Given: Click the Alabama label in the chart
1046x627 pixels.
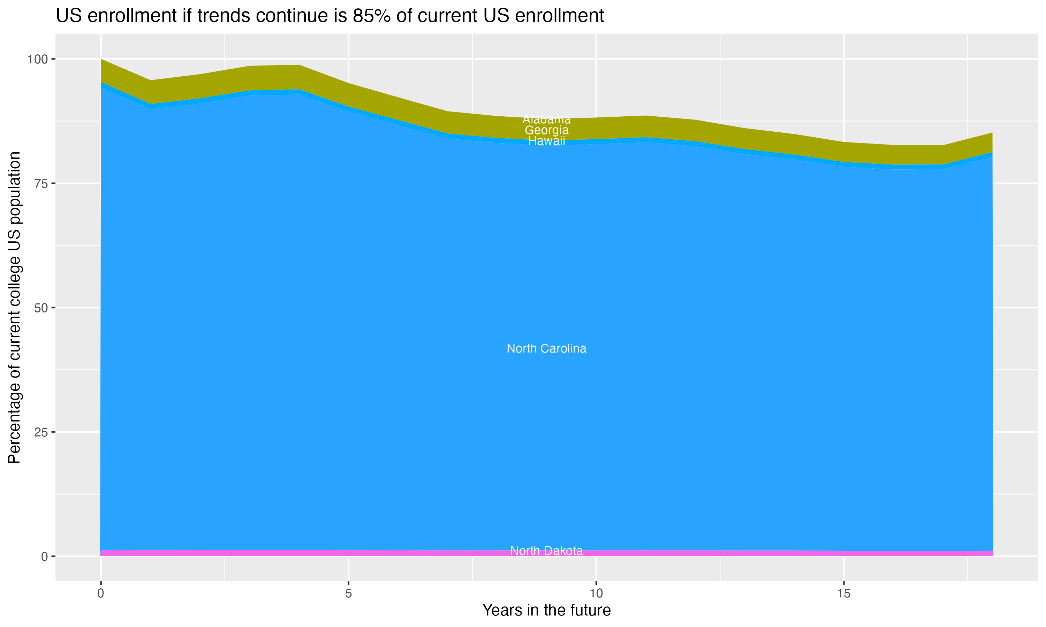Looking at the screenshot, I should coord(546,119).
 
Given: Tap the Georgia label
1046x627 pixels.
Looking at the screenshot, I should coord(546,130).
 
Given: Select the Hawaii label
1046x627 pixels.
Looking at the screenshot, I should coord(546,141).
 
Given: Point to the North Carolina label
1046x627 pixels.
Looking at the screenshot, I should coord(546,349).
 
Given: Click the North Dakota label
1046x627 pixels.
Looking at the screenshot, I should coord(546,551).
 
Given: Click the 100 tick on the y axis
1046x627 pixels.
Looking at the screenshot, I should coord(37,59).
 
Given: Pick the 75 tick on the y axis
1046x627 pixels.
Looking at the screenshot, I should coord(40,183).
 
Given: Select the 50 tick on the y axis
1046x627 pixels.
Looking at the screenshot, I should coord(40,308).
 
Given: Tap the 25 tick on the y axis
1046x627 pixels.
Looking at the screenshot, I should coord(40,432).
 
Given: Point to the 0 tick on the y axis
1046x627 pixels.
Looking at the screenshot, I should coord(44,556).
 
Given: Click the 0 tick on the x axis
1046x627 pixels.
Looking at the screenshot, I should coord(101,594).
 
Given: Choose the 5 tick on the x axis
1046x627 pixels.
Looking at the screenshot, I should coord(348,594).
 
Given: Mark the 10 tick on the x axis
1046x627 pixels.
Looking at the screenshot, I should coord(596,594).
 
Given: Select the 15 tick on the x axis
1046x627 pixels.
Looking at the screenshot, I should coord(843,594).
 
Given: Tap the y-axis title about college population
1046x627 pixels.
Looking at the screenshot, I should coord(14,308).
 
